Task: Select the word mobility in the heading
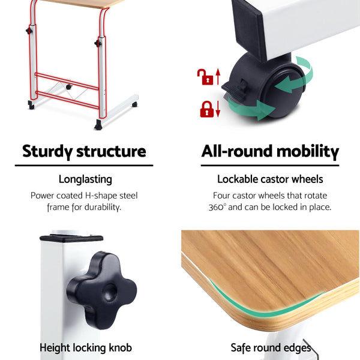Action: tap(307, 151)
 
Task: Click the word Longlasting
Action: tap(85, 179)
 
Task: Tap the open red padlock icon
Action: tap(206, 77)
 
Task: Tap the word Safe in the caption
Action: tap(241, 347)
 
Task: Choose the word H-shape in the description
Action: tap(100, 196)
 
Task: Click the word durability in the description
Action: tap(102, 208)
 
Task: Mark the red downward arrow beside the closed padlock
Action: tap(218, 109)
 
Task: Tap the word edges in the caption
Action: tap(298, 347)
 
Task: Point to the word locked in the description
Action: tap(284, 208)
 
